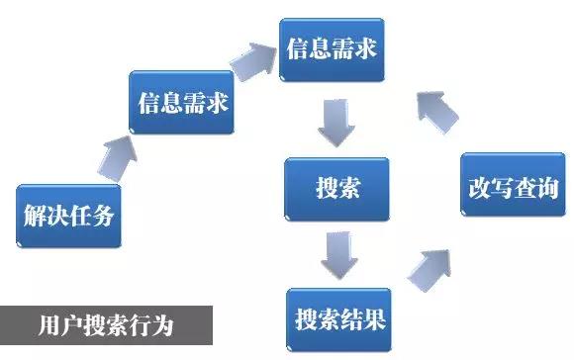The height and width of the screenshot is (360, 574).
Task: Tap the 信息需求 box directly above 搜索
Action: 332,49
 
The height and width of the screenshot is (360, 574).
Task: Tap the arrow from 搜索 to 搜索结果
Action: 337,254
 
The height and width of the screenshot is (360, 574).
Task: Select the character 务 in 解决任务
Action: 105,215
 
